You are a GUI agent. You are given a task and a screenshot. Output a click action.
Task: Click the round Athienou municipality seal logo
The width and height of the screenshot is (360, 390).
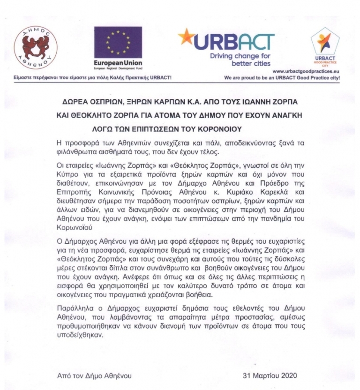tap(36, 47)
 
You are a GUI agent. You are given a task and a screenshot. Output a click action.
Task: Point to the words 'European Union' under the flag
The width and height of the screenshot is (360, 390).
tap(118, 63)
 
